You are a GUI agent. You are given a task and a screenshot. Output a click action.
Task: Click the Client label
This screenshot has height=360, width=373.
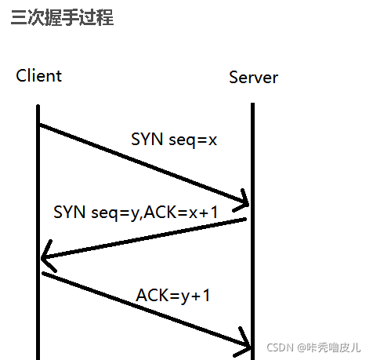click(x=38, y=76)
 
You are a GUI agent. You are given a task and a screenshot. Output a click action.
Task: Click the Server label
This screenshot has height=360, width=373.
click(x=253, y=78)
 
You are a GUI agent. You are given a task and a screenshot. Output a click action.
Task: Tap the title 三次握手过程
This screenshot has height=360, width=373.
click(x=63, y=18)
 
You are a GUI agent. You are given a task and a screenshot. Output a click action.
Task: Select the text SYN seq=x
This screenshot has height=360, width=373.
click(x=173, y=140)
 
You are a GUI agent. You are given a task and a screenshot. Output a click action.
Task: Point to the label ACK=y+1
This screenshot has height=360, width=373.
click(x=173, y=296)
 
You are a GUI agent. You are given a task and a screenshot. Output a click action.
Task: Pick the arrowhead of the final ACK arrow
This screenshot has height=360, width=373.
click(x=247, y=345)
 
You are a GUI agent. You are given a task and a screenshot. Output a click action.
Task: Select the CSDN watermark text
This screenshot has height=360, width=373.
click(x=313, y=346)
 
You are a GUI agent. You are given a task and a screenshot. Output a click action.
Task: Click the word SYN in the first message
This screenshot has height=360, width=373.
click(x=147, y=140)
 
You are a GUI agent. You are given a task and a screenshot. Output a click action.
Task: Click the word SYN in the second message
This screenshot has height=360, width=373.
click(x=69, y=212)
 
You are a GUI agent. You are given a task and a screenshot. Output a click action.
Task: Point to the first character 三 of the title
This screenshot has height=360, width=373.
click(x=19, y=18)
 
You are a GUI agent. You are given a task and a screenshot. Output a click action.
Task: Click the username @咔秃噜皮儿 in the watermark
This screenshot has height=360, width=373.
click(x=328, y=346)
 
